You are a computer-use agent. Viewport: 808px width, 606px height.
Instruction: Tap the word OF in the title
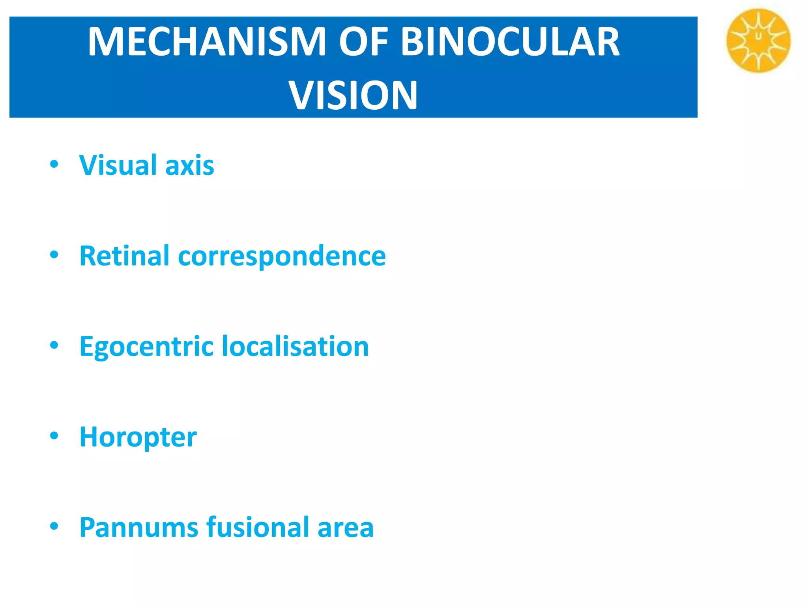[x=363, y=42]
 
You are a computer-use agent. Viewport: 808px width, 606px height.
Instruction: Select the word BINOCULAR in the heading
[x=510, y=42]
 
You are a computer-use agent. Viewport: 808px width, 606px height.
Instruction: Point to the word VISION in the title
[x=353, y=95]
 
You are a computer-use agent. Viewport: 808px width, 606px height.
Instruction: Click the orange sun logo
[x=758, y=41]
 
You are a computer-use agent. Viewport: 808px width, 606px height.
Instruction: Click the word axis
[x=190, y=166]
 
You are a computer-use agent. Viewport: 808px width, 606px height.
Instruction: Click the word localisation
[x=296, y=346]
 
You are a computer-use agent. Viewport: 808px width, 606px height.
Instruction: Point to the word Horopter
[x=138, y=438]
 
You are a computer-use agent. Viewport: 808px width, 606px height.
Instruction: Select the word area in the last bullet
[x=346, y=528]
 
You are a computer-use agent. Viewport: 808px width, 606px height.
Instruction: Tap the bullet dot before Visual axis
[x=54, y=164]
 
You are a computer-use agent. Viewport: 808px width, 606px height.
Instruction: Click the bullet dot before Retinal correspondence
[x=54, y=255]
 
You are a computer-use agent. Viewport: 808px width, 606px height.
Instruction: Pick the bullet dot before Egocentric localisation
[x=54, y=345]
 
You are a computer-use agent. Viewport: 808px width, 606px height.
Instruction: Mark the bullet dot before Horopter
[x=54, y=436]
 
